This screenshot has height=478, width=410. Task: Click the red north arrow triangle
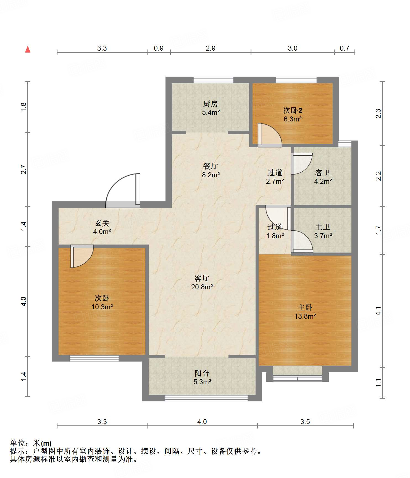tap(28, 49)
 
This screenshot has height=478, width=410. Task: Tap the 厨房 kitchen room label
tap(211, 104)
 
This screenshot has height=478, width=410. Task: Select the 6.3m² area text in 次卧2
tap(293, 119)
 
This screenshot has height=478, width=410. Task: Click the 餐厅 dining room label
tap(211, 166)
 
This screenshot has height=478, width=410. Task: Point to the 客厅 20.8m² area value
tap(202, 287)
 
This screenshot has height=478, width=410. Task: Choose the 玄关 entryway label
tap(102, 223)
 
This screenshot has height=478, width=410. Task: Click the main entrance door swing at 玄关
tap(123, 191)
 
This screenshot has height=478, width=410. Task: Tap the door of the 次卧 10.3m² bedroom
tap(82, 256)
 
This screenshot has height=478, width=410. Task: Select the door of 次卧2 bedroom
tap(270, 135)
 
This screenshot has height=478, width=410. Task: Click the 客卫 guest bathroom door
tap(302, 163)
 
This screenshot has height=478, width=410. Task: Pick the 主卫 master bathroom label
tap(323, 227)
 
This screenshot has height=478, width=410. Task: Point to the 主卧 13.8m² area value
tap(305, 316)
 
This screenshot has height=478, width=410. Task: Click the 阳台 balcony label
tap(202, 373)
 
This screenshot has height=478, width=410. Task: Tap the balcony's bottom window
tap(206, 398)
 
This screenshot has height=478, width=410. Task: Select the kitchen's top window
tap(213, 80)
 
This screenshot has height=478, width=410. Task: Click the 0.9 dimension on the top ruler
tap(159, 48)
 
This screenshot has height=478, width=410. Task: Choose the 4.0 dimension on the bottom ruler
tap(202, 422)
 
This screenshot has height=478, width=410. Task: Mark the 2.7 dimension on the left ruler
tap(24, 169)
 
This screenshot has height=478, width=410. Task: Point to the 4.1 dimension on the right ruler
tap(378, 311)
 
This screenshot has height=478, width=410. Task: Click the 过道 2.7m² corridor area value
tap(275, 181)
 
